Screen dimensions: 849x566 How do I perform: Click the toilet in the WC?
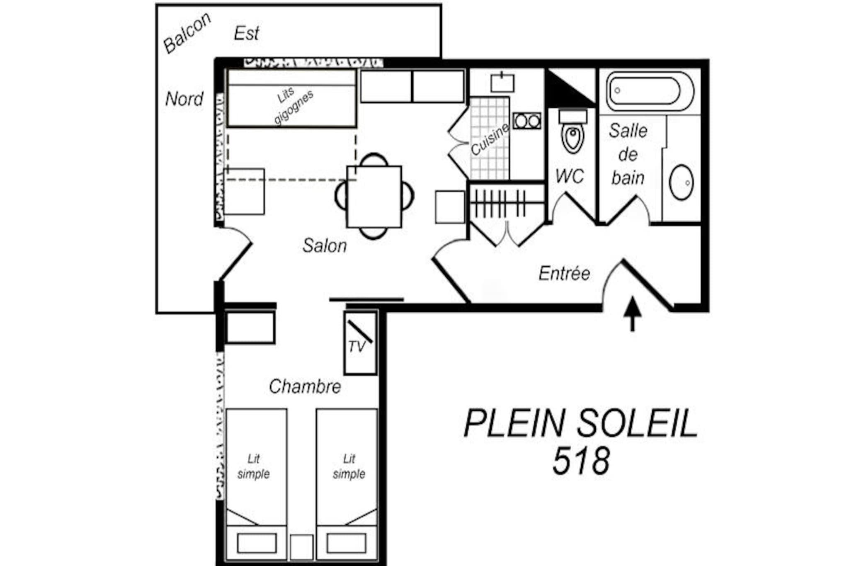[573, 131]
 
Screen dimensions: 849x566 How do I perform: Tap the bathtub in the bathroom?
[650, 91]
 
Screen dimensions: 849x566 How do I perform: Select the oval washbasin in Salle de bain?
[681, 182]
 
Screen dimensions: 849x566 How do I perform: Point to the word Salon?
[324, 245]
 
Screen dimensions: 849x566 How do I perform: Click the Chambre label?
[305, 386]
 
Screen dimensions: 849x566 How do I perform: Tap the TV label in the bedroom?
[357, 347]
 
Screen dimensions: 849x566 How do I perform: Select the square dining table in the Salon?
[374, 197]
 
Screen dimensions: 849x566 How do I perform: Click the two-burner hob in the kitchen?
[527, 121]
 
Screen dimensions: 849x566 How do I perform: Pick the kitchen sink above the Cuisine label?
[502, 83]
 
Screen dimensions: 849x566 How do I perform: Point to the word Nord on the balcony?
[184, 99]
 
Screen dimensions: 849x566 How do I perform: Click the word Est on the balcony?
[246, 33]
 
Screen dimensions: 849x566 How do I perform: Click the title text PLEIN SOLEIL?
[580, 423]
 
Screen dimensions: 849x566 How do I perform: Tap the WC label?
[570, 176]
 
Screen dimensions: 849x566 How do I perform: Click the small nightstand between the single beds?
[301, 547]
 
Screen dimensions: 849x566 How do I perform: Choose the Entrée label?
[564, 273]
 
